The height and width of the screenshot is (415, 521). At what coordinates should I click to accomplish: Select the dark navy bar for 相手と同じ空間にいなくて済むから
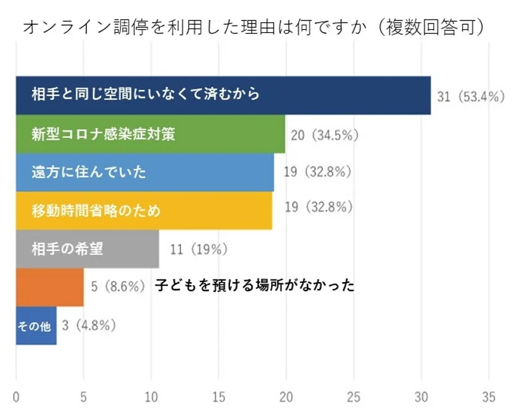point(223,95)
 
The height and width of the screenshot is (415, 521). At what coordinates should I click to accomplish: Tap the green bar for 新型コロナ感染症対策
point(150,134)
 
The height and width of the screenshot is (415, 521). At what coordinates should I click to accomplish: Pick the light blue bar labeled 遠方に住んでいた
point(145,172)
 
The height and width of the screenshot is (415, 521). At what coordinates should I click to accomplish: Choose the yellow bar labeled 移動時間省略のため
point(143,211)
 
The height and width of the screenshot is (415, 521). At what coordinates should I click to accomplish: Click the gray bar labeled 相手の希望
point(87,249)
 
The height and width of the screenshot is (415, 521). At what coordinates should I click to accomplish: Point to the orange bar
point(50,287)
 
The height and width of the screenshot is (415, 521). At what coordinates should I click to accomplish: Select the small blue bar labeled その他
point(36,326)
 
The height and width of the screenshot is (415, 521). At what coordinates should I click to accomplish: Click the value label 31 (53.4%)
point(471,96)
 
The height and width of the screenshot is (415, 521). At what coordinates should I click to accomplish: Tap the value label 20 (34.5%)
point(325,134)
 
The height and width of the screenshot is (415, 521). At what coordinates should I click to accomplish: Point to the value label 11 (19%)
point(198,250)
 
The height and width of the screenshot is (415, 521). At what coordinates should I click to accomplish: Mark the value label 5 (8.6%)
point(118,287)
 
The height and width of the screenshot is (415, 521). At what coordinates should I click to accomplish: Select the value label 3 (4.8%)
point(89,325)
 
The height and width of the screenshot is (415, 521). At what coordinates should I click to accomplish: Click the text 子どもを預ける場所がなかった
point(254,286)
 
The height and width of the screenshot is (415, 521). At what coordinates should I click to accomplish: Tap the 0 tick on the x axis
point(16,398)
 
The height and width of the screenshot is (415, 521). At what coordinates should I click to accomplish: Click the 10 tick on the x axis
point(151,398)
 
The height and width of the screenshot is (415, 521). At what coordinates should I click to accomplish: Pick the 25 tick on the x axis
point(354,398)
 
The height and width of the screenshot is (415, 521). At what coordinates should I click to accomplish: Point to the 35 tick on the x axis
point(489,398)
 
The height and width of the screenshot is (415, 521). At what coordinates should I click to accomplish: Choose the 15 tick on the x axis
point(218,398)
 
